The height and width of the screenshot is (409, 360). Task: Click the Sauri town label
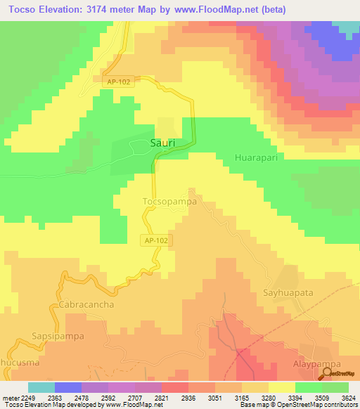162,143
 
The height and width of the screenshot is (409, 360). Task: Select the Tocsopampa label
169,201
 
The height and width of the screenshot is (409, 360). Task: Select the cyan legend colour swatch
41,387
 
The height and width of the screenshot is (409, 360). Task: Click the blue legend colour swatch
68,387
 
